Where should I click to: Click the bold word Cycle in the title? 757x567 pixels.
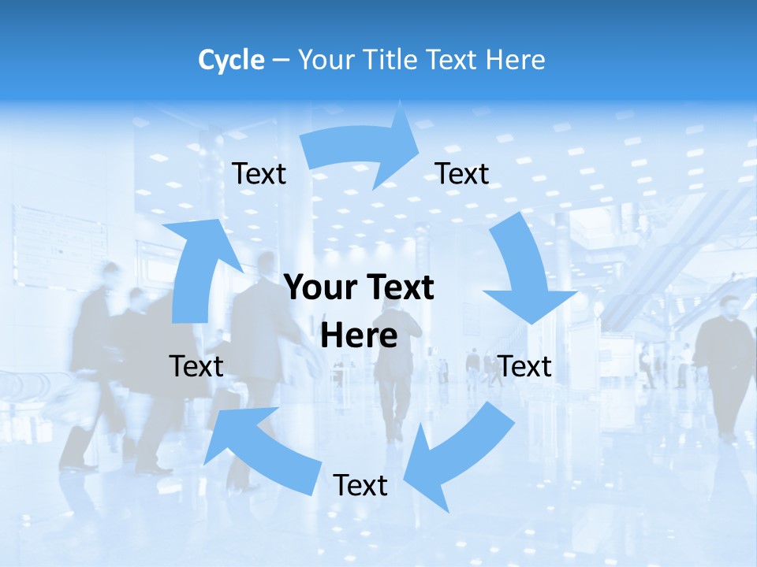[231, 60]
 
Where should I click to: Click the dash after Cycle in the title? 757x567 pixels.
[280, 60]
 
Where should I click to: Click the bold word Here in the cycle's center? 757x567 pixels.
[359, 336]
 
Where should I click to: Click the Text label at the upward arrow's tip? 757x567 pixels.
[259, 174]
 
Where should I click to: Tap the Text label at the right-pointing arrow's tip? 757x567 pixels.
[462, 174]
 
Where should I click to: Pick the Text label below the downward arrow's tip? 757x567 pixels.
[525, 367]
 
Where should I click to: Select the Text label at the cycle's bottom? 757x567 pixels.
[360, 486]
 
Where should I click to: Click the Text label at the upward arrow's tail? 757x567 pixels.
[196, 367]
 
